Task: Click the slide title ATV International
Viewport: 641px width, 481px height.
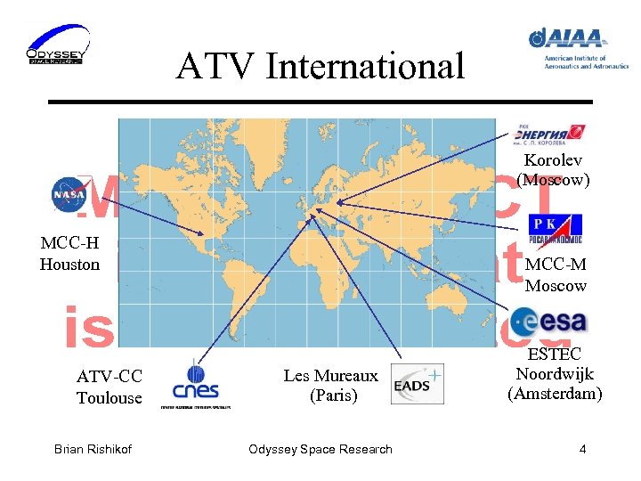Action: tap(320, 66)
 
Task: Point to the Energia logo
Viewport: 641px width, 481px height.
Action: tap(548, 133)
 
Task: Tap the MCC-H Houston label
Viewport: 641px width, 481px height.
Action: tap(69, 254)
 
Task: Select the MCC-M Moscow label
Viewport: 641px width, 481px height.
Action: tap(556, 275)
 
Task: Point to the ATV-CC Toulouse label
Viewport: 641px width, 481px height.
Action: tap(109, 387)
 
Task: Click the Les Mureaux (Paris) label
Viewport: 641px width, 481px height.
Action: tap(330, 386)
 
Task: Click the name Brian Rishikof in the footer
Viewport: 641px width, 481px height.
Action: tap(93, 449)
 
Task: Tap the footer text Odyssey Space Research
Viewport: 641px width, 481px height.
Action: tap(320, 449)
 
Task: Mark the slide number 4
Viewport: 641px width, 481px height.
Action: tap(582, 449)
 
